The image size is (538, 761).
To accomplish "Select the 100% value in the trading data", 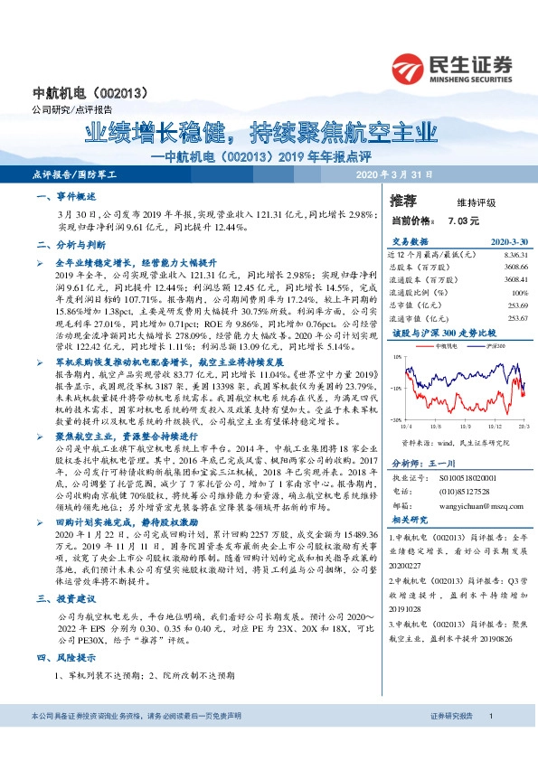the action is (x=519, y=293).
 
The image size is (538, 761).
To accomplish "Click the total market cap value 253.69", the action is (x=516, y=305).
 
